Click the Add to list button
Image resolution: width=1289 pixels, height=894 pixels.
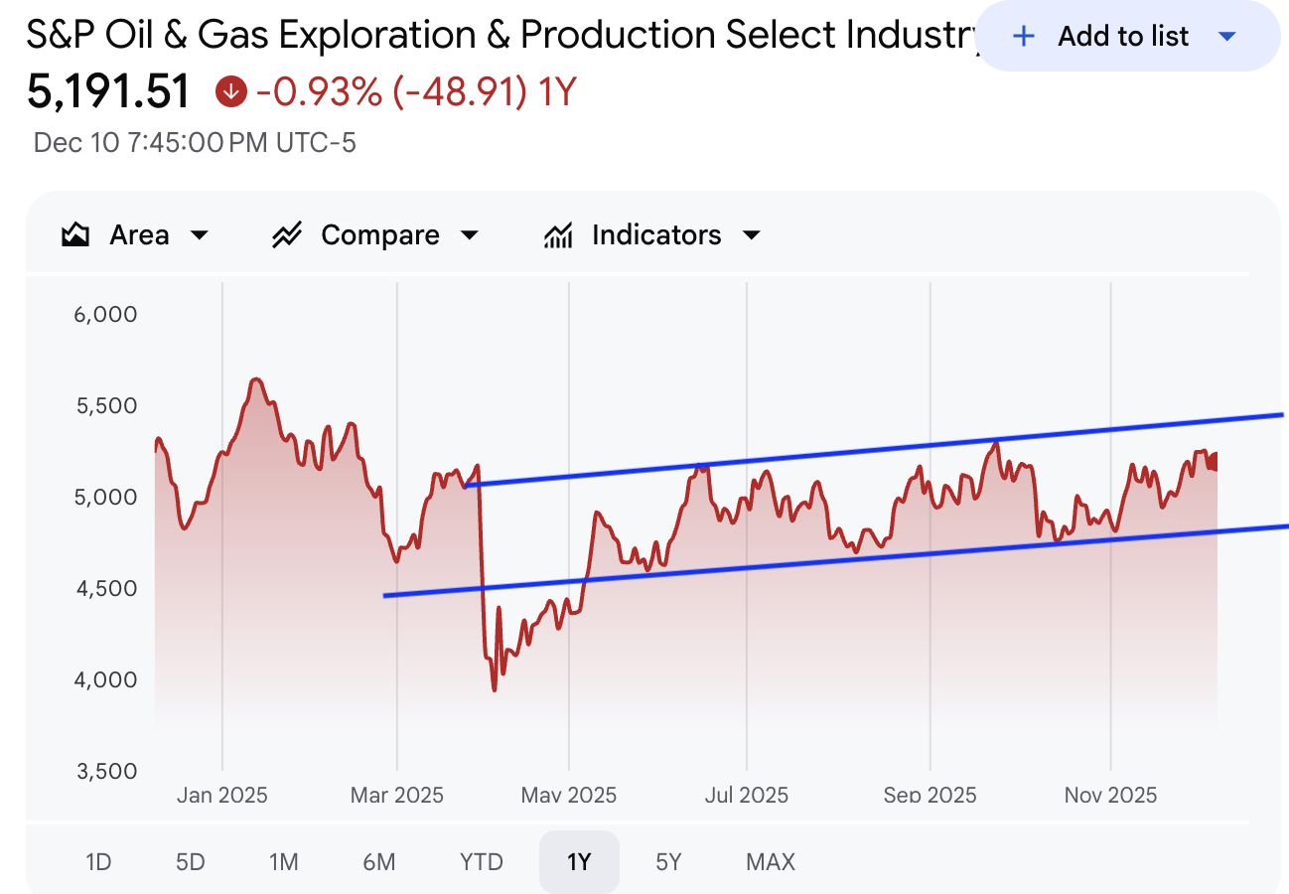point(1125,37)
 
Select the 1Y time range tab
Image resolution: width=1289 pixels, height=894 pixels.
point(579,861)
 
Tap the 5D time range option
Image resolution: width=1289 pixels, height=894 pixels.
point(190,861)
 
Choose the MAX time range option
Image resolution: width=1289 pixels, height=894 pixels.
point(771,861)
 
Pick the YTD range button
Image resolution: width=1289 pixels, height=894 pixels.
point(482,861)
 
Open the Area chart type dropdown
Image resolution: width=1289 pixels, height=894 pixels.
point(136,235)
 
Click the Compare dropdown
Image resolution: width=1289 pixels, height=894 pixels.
point(375,235)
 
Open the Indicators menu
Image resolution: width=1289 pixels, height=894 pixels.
point(651,235)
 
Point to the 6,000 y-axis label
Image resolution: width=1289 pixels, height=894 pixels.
point(104,315)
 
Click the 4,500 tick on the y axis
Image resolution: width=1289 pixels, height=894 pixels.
point(104,589)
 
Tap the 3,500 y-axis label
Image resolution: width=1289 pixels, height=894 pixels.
point(104,771)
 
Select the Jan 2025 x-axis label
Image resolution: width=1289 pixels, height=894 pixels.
point(222,795)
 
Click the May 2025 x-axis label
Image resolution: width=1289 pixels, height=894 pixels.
point(570,795)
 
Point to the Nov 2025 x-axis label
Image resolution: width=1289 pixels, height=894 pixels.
point(1110,795)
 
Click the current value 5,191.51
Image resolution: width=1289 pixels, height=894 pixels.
point(108,92)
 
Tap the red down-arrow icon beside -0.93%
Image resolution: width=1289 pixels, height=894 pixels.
point(230,92)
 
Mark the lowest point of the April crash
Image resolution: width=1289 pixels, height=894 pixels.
point(494,689)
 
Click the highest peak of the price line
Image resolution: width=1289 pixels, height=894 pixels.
point(255,379)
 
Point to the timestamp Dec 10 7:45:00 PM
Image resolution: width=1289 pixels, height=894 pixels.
point(195,143)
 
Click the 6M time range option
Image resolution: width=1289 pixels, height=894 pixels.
point(378,861)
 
